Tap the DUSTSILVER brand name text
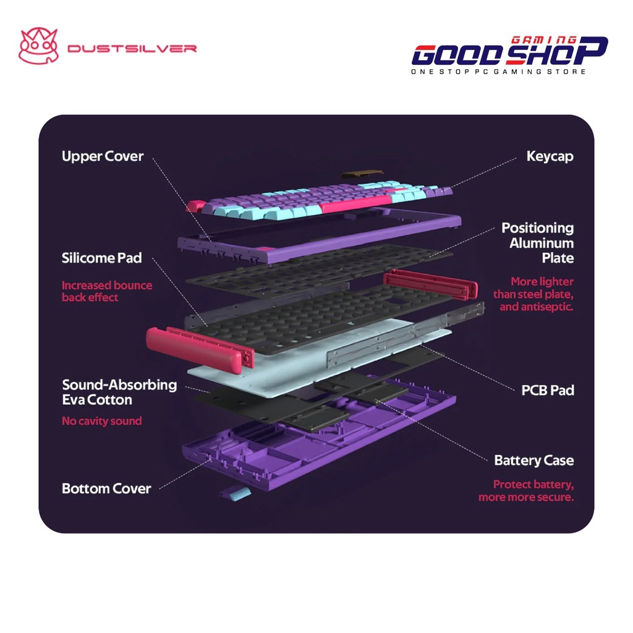(x=132, y=48)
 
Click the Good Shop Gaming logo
(x=509, y=52)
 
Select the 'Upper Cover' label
(x=103, y=156)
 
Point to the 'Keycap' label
(x=550, y=156)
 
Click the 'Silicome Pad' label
(x=102, y=258)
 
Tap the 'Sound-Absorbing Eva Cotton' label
(x=119, y=392)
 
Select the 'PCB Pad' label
(x=548, y=390)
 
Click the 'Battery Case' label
(x=534, y=461)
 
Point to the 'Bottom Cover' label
(x=106, y=488)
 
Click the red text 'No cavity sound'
(x=102, y=421)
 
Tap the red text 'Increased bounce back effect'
(x=106, y=291)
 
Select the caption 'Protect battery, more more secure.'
(x=527, y=491)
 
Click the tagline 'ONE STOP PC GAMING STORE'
(x=498, y=72)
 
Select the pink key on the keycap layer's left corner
(x=195, y=205)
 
